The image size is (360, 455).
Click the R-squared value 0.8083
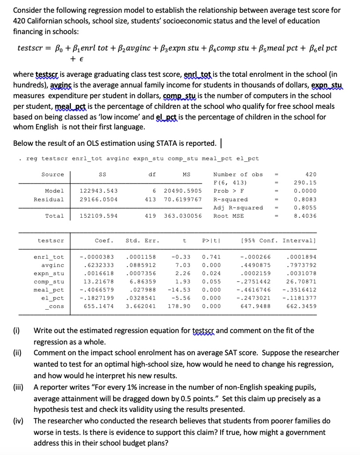(307, 200)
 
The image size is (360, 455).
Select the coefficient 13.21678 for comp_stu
(99, 282)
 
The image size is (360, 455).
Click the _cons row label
(55, 306)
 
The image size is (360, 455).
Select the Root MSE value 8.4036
(307, 216)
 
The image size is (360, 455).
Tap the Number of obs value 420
(311, 175)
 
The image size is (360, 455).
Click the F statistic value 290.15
(307, 183)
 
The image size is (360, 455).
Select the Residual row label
(49, 200)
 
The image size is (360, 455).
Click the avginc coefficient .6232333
(99, 265)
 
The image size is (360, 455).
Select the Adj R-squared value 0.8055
(307, 208)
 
